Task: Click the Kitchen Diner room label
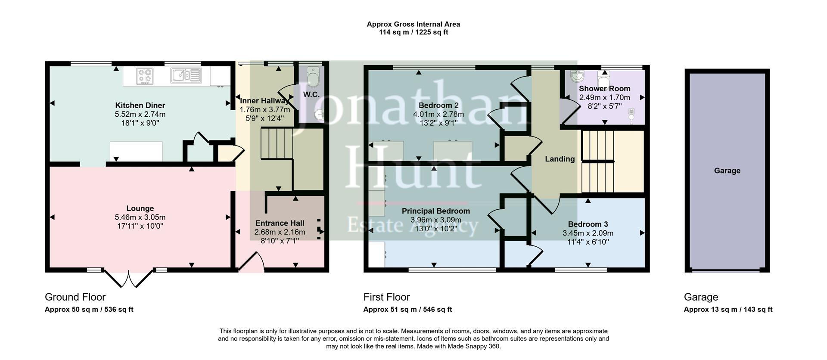point(140,106)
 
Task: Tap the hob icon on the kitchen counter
point(145,76)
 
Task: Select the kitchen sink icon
point(186,75)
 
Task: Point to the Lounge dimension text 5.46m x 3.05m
point(140,217)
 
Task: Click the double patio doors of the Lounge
point(128,278)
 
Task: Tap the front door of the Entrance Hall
point(251,263)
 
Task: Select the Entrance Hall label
point(280,223)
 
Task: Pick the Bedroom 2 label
point(438,106)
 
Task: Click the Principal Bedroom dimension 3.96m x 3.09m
point(435,220)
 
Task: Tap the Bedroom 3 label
point(588,224)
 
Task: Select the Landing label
point(560,159)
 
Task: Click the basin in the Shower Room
point(576,76)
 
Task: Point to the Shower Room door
point(570,111)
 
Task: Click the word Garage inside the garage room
point(727,171)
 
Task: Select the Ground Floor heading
point(75,297)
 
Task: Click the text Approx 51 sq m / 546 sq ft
point(407,310)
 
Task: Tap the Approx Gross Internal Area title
point(413,25)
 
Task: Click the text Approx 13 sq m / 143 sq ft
point(728,310)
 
